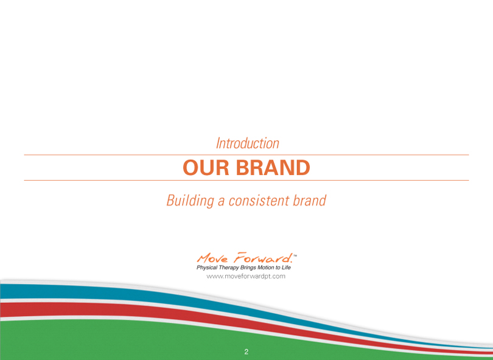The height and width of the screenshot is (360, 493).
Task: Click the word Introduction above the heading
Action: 248,144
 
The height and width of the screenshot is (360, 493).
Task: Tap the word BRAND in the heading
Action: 273,167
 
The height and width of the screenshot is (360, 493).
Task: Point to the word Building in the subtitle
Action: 191,201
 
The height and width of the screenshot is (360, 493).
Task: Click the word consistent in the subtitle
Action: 259,201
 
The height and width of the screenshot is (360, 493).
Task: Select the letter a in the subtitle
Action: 222,202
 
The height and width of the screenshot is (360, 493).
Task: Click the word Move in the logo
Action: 212,258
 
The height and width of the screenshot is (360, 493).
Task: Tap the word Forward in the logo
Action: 263,258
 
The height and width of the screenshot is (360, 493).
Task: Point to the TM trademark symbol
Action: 295,255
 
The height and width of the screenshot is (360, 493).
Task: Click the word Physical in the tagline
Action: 207,268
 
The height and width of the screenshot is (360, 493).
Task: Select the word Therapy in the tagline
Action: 229,268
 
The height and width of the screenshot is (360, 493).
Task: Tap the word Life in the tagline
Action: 286,268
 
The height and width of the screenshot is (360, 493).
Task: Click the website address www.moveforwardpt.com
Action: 246,277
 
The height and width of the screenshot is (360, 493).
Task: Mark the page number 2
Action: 246,352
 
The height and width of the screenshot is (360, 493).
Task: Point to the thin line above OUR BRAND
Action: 246,155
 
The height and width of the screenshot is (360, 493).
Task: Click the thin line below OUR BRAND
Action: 246,181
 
